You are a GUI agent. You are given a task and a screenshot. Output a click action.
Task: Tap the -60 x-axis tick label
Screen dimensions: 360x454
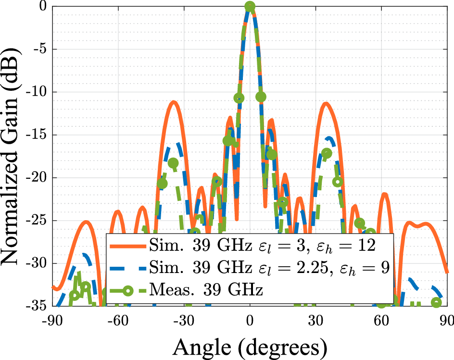pyautogui.click(x=118, y=321)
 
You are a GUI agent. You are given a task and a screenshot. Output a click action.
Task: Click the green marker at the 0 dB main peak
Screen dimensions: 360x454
pyautogui.click(x=250, y=7)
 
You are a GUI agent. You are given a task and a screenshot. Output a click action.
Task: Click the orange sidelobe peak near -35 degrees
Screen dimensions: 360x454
pyautogui.click(x=173, y=102)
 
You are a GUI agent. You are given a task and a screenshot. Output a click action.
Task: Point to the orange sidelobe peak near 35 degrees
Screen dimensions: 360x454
pyautogui.click(x=327, y=103)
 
